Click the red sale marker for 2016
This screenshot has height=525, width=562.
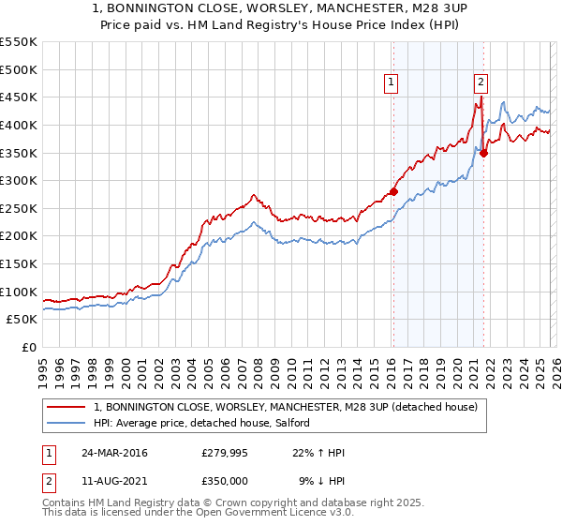tap(393, 191)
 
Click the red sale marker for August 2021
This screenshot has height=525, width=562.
tap(483, 153)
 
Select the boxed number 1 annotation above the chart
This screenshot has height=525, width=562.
tap(392, 82)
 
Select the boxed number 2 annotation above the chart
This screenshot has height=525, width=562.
tap(481, 82)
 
